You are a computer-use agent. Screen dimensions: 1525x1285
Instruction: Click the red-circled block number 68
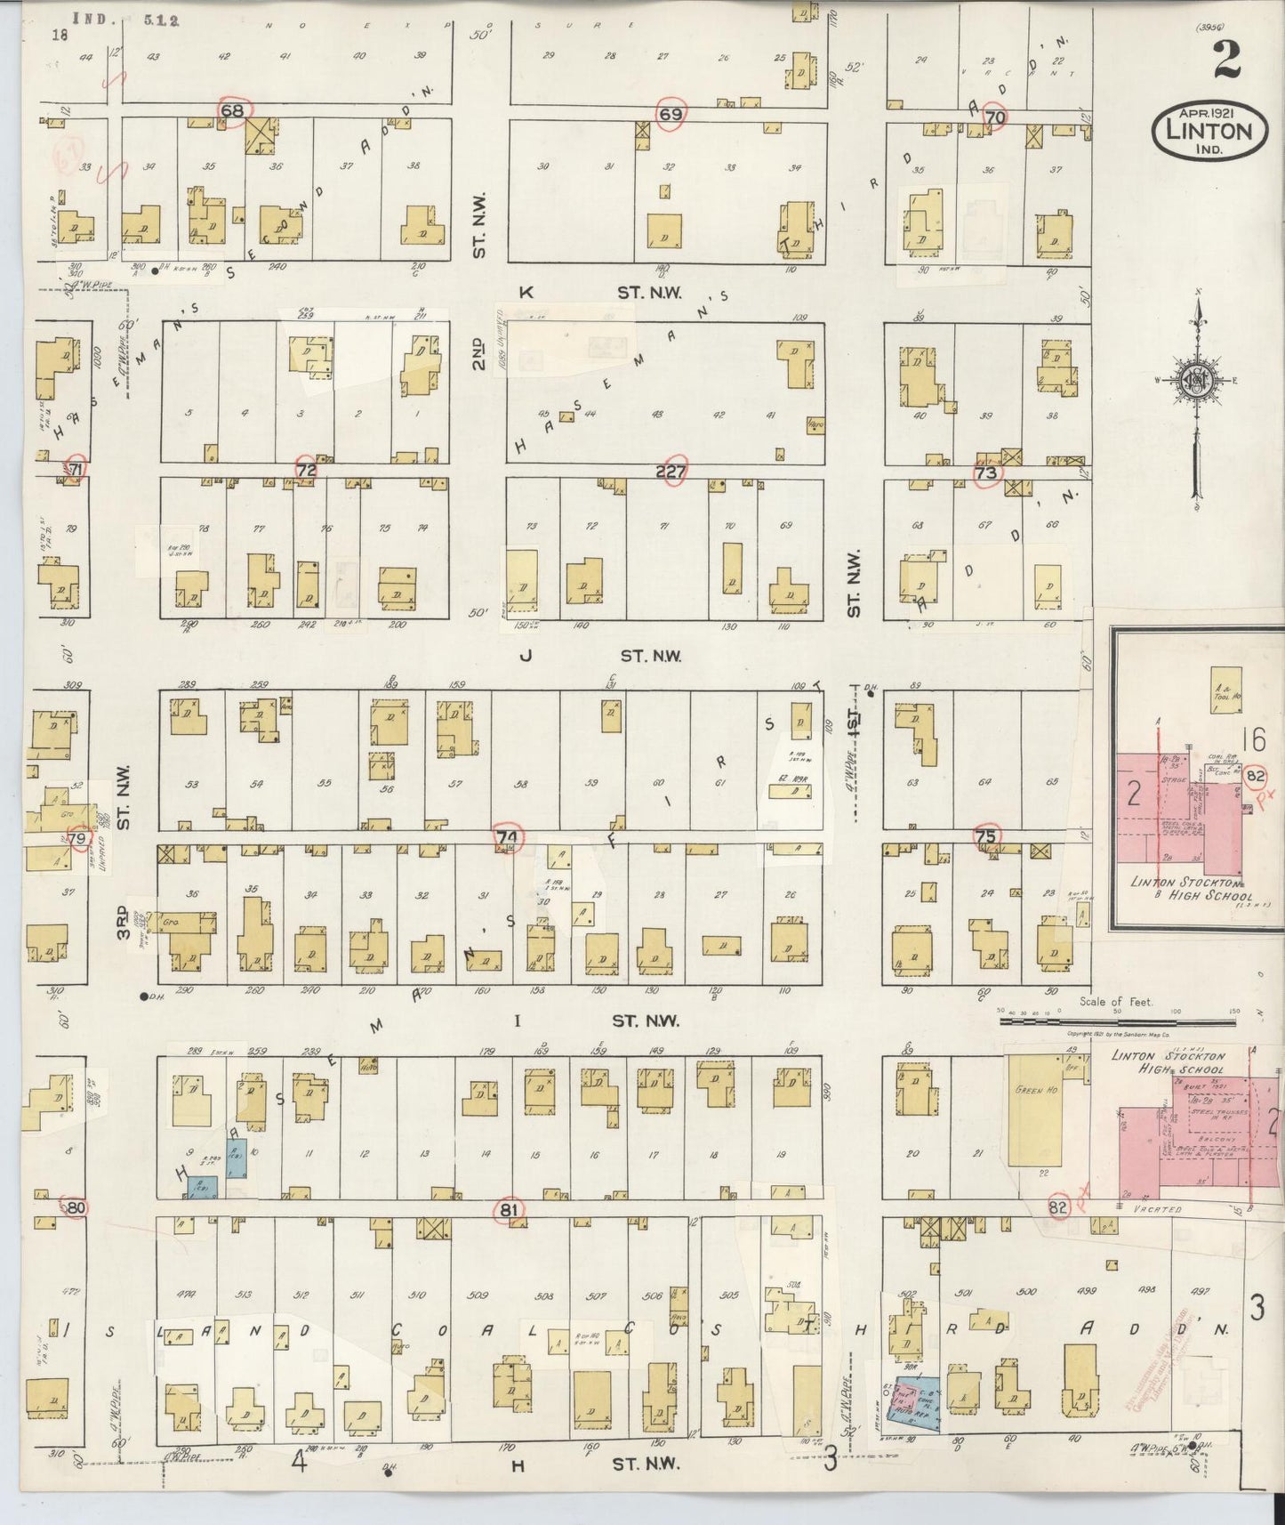233,112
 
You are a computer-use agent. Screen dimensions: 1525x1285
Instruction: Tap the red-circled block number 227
672,472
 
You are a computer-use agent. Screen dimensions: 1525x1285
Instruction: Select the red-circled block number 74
508,837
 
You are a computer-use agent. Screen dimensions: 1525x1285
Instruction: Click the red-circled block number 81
509,1209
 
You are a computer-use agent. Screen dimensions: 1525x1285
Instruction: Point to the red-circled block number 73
986,473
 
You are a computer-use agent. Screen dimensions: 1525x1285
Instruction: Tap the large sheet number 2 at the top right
1227,61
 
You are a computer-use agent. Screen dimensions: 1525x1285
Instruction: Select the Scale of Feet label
1116,1001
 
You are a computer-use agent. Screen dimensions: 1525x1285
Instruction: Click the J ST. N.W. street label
605,656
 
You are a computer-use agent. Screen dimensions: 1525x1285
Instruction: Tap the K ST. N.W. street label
605,292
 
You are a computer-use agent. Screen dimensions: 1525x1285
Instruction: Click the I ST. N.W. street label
605,1021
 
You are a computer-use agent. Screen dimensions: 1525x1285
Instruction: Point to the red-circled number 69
671,114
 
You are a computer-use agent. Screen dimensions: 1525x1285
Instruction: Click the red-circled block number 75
985,836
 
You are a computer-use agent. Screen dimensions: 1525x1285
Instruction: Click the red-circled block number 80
76,1208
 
